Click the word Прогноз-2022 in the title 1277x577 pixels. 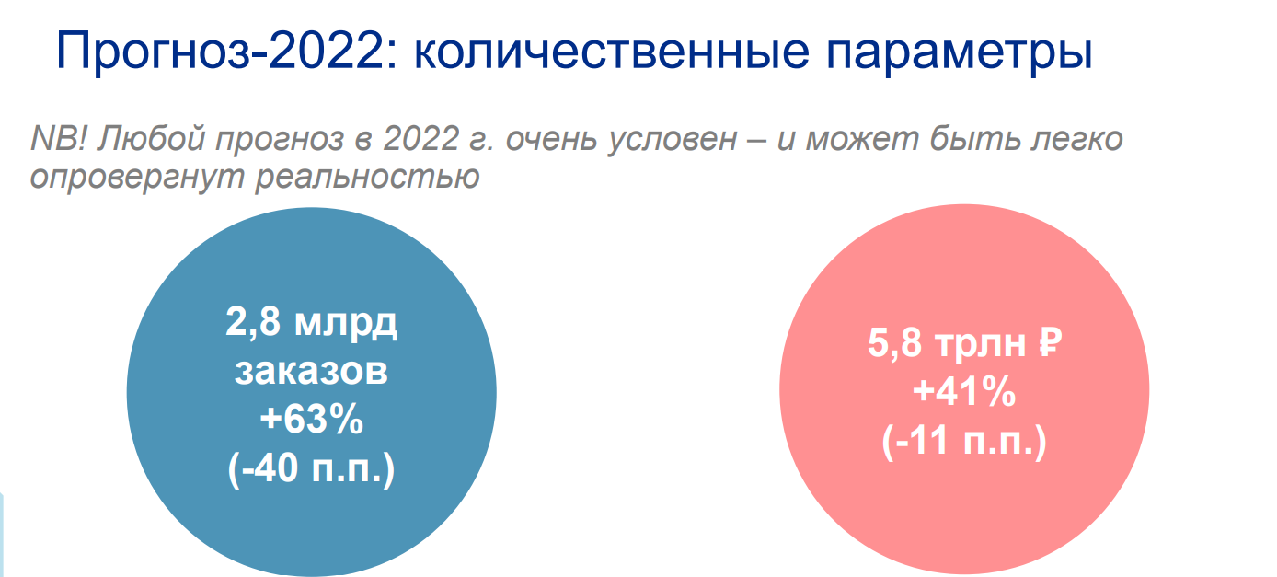227,52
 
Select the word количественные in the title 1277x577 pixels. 611,52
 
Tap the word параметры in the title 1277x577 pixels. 960,54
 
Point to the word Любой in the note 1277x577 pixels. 151,138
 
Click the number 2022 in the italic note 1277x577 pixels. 421,138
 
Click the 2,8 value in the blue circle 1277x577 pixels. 253,323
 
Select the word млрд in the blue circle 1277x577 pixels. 346,324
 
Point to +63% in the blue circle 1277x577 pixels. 311,419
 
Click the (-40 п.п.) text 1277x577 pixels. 311,469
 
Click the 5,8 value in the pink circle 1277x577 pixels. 894,343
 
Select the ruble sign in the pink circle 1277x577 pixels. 1050,342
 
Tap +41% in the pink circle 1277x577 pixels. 964,392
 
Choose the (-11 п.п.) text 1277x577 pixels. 964,442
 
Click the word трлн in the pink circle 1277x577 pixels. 980,345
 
